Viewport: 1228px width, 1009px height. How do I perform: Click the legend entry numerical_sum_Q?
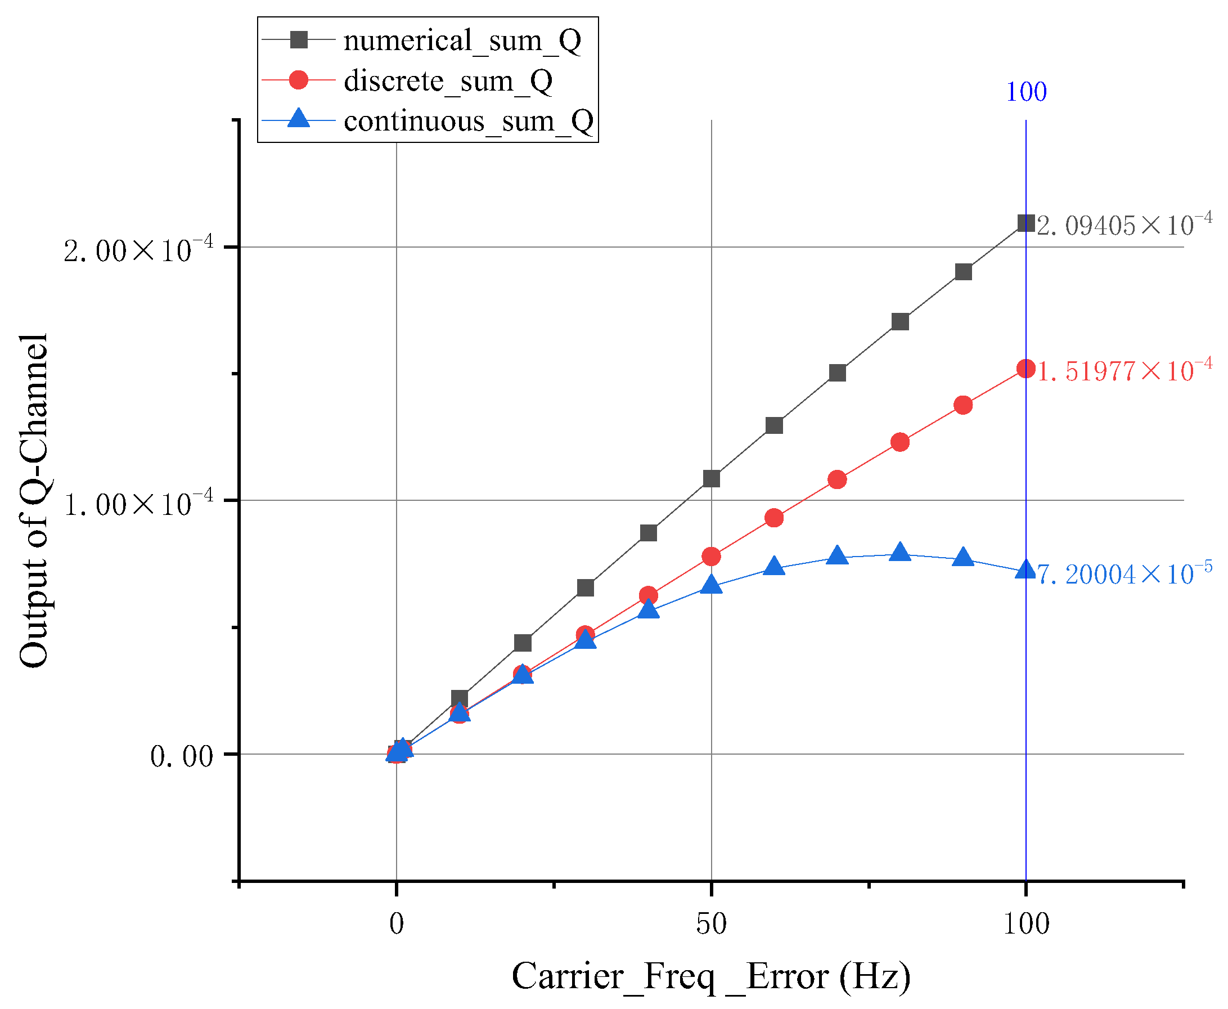pyautogui.click(x=462, y=41)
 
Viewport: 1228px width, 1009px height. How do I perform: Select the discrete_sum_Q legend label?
pyautogui.click(x=447, y=81)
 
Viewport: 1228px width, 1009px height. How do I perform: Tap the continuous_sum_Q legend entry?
pyautogui.click(x=468, y=121)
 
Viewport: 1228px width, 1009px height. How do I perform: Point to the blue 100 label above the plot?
pyautogui.click(x=1026, y=92)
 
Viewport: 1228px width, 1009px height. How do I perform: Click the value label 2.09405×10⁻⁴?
pyautogui.click(x=1124, y=225)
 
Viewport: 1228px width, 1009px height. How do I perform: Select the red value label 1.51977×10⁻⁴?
pyautogui.click(x=1124, y=370)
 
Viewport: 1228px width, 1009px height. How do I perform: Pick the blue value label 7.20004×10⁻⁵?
pyautogui.click(x=1124, y=573)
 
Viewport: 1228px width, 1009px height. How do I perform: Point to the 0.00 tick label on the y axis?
pyautogui.click(x=181, y=757)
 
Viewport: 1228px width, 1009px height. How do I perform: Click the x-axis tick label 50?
pyautogui.click(x=711, y=923)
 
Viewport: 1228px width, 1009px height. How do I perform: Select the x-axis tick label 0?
pyautogui.click(x=396, y=923)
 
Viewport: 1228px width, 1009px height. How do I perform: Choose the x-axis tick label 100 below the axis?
pyautogui.click(x=1026, y=923)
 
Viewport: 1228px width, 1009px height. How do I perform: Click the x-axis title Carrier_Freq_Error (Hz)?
pyautogui.click(x=711, y=976)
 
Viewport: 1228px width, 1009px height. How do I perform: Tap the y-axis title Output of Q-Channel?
pyautogui.click(x=34, y=501)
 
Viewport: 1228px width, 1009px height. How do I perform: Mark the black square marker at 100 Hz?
pyautogui.click(x=1026, y=223)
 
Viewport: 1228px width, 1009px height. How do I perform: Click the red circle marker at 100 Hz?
pyautogui.click(x=1026, y=369)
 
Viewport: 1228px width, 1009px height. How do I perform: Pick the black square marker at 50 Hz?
pyautogui.click(x=711, y=478)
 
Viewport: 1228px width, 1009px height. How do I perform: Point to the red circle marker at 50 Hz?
pyautogui.click(x=711, y=556)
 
